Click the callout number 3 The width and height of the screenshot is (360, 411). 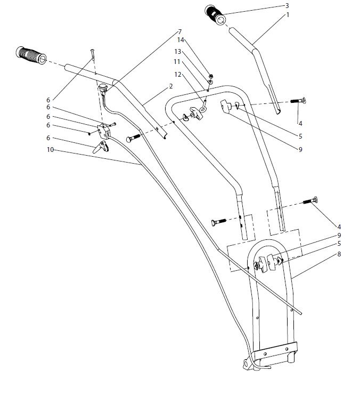pos(287,5)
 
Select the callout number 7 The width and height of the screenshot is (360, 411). pos(179,31)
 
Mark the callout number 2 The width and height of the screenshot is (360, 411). pos(170,86)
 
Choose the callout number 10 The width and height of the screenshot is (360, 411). pos(50,150)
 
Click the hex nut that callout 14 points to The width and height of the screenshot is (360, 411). pos(211,76)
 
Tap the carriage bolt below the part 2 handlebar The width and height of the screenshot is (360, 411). pos(134,138)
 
